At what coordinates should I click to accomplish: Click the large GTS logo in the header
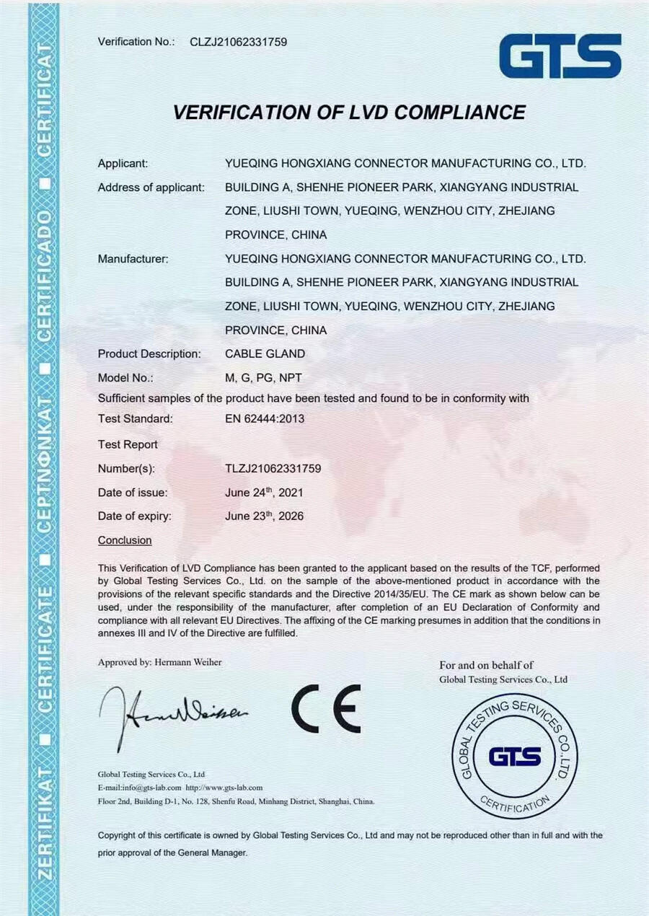[x=560, y=56]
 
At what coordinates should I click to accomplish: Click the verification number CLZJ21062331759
[x=238, y=42]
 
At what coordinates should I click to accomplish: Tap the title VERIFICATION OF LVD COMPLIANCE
[x=349, y=113]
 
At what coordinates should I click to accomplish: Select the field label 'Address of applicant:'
[x=151, y=188]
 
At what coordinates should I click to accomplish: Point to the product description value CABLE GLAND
[x=265, y=354]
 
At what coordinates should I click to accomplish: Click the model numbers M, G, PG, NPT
[x=263, y=378]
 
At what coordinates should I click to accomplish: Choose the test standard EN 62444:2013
[x=265, y=419]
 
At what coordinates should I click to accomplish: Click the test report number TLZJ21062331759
[x=273, y=469]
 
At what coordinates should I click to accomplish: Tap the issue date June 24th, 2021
[x=264, y=493]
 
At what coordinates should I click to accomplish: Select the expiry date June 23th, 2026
[x=264, y=516]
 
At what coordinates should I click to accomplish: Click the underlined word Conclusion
[x=125, y=540]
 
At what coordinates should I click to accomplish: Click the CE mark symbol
[x=326, y=709]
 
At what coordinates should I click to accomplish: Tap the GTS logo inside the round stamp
[x=514, y=757]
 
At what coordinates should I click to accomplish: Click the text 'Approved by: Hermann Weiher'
[x=160, y=662]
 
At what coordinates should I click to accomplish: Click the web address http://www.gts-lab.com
[x=224, y=788]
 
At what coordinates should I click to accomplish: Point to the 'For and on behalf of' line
[x=486, y=665]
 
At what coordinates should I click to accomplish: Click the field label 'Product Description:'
[x=149, y=354]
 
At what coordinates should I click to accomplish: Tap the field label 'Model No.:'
[x=125, y=378]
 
